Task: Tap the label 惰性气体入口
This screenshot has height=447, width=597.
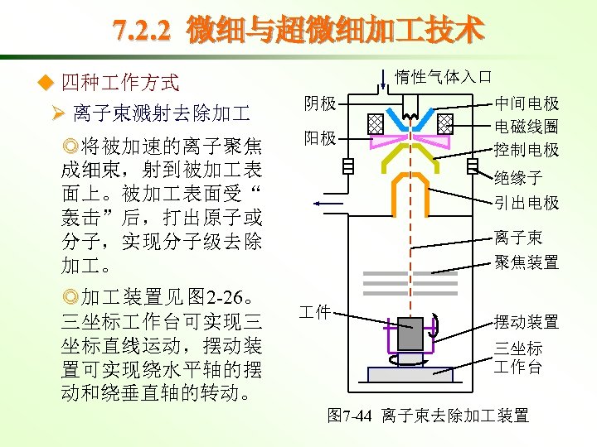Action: pyautogui.click(x=444, y=77)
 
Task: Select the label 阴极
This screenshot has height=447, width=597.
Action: pyautogui.click(x=319, y=103)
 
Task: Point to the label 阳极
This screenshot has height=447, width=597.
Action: pyautogui.click(x=319, y=137)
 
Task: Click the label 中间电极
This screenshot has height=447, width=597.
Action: pyautogui.click(x=527, y=103)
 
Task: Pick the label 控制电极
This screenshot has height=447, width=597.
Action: pyautogui.click(x=527, y=150)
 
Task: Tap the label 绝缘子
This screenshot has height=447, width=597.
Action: pyautogui.click(x=518, y=177)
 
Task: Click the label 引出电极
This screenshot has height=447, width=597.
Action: pyautogui.click(x=527, y=202)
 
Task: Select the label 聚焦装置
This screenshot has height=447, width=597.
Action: pyautogui.click(x=527, y=262)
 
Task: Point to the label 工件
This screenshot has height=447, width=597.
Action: pyautogui.click(x=315, y=311)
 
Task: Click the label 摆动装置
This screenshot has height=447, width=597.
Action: pyautogui.click(x=527, y=321)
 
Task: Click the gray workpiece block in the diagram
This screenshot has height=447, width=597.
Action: pyautogui.click(x=410, y=334)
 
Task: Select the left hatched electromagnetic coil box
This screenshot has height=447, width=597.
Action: pyautogui.click(x=374, y=124)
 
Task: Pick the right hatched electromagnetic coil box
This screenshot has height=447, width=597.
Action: pyautogui.click(x=445, y=124)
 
